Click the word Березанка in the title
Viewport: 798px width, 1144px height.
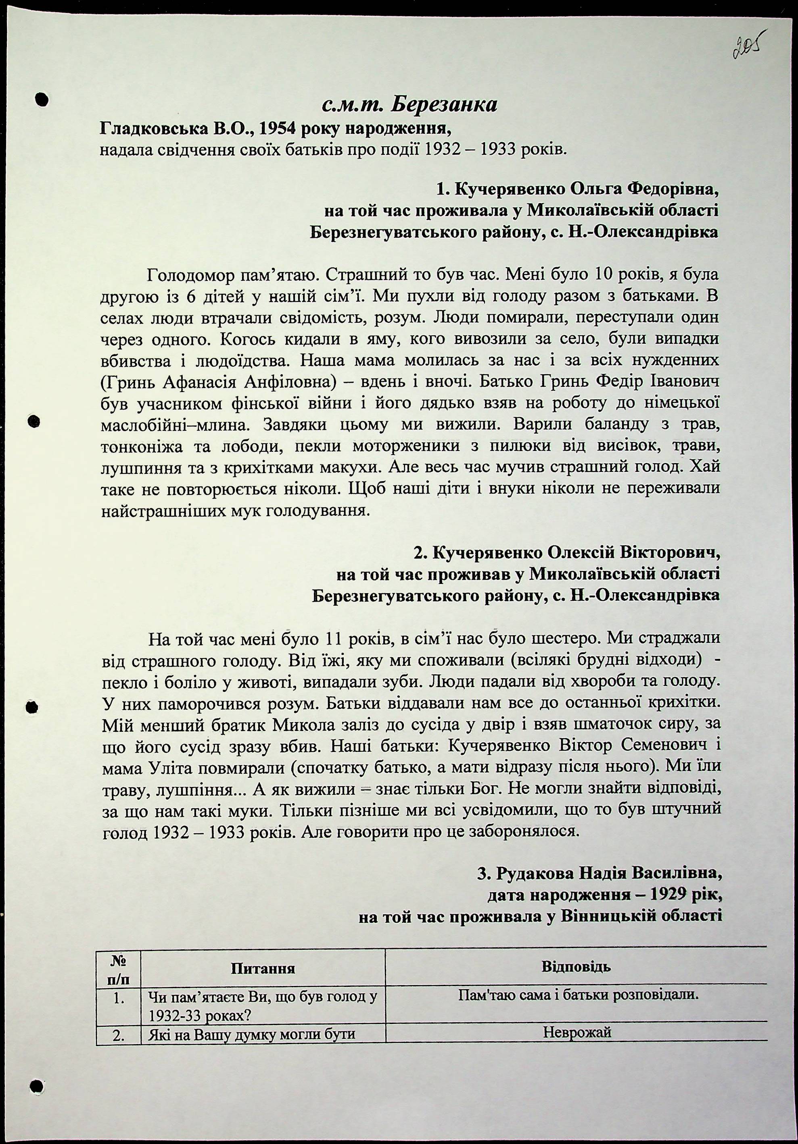tap(443, 105)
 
